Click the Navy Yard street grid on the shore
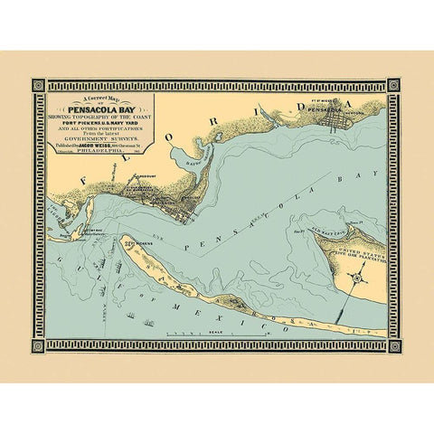(x=185, y=214)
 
